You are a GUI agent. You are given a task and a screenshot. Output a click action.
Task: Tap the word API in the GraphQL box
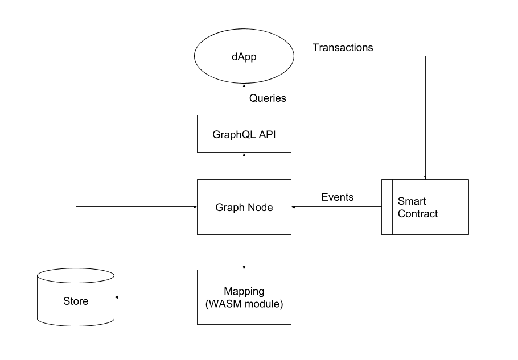coord(266,135)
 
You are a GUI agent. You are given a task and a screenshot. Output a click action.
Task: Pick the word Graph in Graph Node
coord(229,208)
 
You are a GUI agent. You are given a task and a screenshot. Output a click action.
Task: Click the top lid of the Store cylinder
coord(76,276)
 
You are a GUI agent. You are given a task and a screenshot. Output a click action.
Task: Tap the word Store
coord(76,301)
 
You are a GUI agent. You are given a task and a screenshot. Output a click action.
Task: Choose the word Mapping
coord(244,291)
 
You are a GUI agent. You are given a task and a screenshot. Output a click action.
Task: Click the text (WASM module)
coord(244,304)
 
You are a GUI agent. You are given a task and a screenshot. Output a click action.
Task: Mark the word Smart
coord(412,201)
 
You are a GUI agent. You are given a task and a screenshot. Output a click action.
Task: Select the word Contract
coord(418,214)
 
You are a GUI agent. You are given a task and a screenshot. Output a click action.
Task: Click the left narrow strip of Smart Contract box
coord(387,207)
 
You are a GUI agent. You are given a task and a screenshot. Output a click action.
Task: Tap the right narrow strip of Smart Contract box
coord(463,207)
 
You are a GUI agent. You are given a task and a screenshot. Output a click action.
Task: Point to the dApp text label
coord(244,57)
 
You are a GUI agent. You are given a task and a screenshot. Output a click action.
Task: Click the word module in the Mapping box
coord(264,304)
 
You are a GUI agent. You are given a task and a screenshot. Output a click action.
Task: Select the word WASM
coord(223,304)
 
